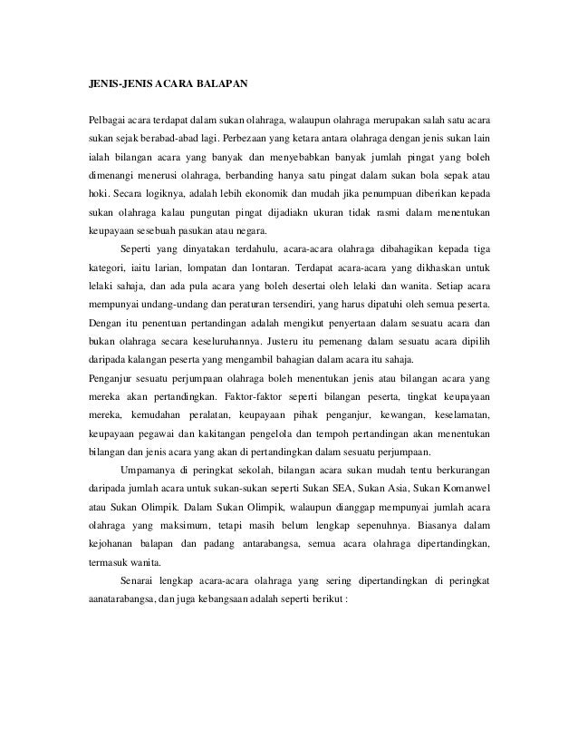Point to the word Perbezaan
[274, 142]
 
